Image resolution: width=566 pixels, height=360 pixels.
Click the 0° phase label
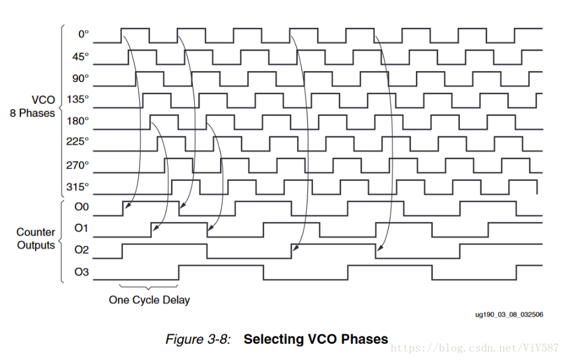pyautogui.click(x=83, y=34)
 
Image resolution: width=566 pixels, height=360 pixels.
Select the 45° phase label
pyautogui.click(x=81, y=57)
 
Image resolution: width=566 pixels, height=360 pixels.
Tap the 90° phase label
pyautogui.click(x=81, y=78)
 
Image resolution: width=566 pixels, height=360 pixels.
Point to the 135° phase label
pyautogui.click(x=78, y=99)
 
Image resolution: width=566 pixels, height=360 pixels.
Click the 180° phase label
pyautogui.click(x=78, y=121)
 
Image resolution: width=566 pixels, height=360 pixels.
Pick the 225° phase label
pyautogui.click(x=78, y=142)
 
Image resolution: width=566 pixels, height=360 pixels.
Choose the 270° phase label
pyautogui.click(x=78, y=164)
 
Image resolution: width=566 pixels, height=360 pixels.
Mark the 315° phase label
pyautogui.click(x=78, y=185)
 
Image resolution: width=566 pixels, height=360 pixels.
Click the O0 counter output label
pyautogui.click(x=81, y=207)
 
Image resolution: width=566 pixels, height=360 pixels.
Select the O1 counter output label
pyautogui.click(x=81, y=228)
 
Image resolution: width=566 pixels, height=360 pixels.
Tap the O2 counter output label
pyautogui.click(x=81, y=250)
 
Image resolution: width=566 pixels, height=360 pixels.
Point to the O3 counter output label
pyautogui.click(x=81, y=272)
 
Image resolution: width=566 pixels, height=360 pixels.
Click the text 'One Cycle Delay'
pyautogui.click(x=149, y=300)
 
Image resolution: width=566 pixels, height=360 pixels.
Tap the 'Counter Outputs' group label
pyautogui.click(x=36, y=239)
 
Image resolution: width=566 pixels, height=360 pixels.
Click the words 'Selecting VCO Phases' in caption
pyautogui.click(x=316, y=339)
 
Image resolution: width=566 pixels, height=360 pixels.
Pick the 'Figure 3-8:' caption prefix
pyautogui.click(x=198, y=339)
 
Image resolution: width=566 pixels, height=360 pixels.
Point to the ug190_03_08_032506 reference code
pyautogui.click(x=510, y=314)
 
